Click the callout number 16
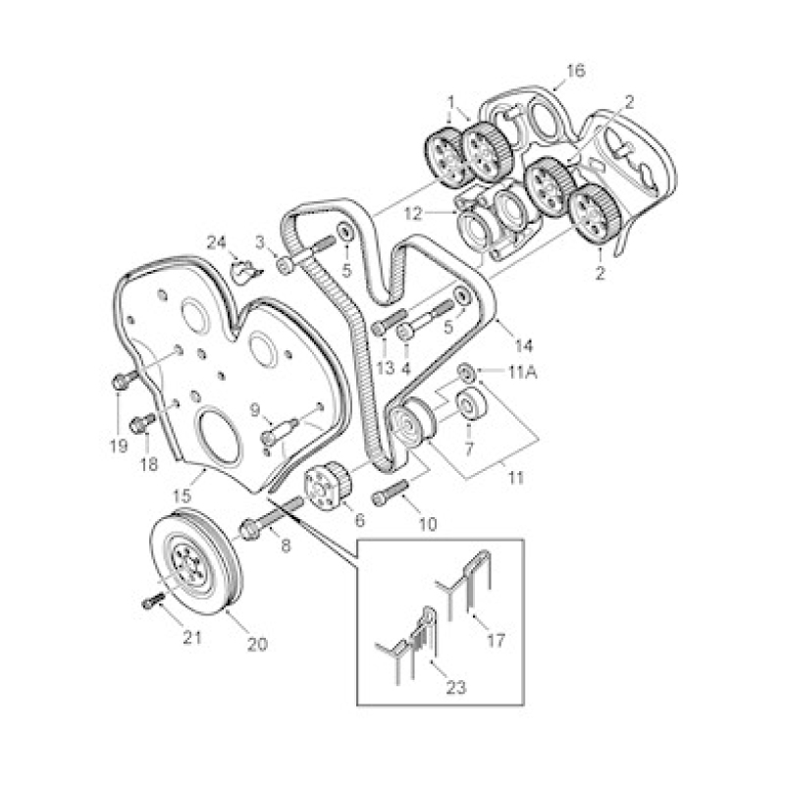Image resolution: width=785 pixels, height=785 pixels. pos(575,71)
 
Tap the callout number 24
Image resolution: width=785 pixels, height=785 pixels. pos(217,242)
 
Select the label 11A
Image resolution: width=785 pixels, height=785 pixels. pos(523,373)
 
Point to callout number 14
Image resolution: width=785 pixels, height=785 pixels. pos(524,345)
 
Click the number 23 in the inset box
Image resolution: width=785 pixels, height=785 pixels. pos(455,688)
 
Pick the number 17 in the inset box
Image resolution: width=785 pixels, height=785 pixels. pos(496,641)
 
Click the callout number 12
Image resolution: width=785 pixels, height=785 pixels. pos(414,214)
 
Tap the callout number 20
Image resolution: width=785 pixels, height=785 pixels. pos(257,644)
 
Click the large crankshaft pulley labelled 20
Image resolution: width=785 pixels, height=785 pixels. pos(198,559)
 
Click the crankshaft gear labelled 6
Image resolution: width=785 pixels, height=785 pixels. pos(329,488)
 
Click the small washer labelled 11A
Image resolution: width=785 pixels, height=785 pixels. pos(465,372)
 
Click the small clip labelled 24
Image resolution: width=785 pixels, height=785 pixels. pos(245,272)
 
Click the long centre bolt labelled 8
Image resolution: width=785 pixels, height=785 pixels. pos(272,518)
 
